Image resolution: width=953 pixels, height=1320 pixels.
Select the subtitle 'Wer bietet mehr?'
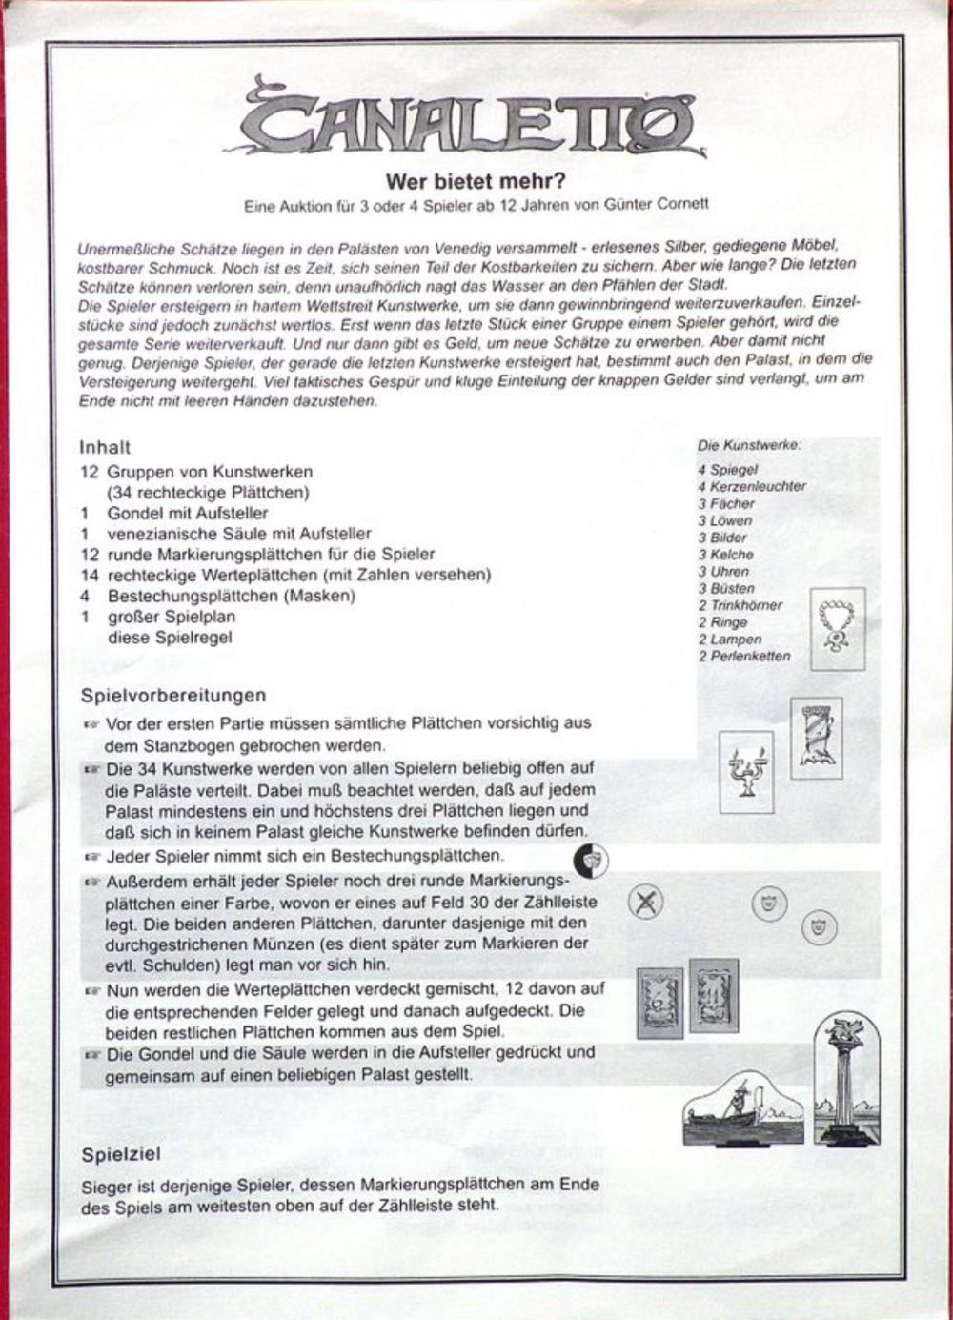point(476,180)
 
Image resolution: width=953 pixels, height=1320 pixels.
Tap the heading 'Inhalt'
point(105,447)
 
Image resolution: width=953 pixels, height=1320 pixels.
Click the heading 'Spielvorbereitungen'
point(172,695)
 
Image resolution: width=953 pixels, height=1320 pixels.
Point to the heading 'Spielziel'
point(121,1154)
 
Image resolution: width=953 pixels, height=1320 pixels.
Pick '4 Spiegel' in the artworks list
point(727,469)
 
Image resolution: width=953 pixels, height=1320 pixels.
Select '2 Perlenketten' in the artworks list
point(743,656)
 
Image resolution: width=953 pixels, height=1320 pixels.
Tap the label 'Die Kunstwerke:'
point(749,445)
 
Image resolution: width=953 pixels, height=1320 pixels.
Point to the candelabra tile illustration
point(746,772)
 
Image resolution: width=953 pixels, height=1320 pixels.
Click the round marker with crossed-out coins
point(646,902)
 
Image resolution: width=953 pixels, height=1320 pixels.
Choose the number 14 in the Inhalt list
point(89,575)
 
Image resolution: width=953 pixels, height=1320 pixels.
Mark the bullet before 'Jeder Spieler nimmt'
point(92,856)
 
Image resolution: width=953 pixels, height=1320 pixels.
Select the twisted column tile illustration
point(817,738)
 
